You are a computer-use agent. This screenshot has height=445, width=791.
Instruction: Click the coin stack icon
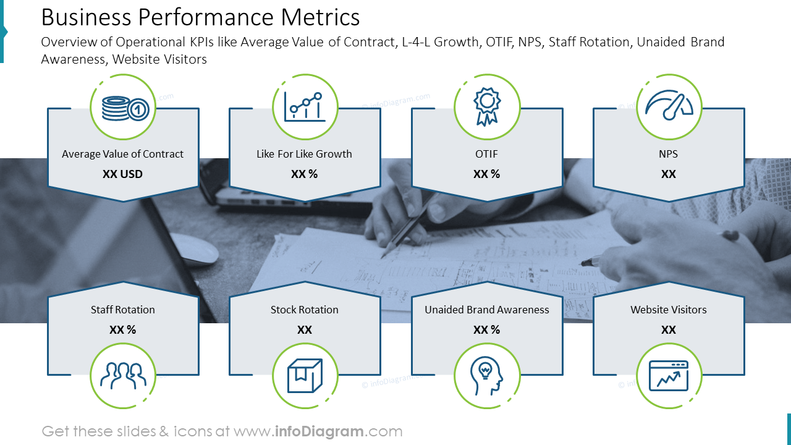(x=123, y=108)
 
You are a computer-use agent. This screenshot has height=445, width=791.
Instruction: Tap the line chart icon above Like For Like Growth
(x=304, y=107)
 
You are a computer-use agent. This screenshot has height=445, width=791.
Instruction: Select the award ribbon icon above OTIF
(x=486, y=107)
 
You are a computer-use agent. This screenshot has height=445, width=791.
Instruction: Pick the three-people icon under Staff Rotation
(x=123, y=376)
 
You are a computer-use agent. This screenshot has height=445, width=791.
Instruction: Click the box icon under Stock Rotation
(x=305, y=376)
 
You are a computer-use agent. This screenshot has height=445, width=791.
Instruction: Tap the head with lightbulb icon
(x=486, y=376)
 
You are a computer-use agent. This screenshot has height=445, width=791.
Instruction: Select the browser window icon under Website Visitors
(x=669, y=376)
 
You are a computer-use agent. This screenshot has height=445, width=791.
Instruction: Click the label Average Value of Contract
(x=122, y=154)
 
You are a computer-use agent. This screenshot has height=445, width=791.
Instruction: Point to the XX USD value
(x=122, y=174)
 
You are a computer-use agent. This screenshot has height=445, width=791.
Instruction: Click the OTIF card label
(x=486, y=154)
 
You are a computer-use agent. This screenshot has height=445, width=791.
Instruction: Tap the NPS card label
(x=669, y=154)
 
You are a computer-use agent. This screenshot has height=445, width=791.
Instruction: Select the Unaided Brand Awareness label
(x=486, y=310)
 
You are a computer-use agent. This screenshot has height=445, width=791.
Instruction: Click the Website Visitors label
(x=669, y=310)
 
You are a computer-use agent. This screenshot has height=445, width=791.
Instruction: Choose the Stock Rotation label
(x=305, y=310)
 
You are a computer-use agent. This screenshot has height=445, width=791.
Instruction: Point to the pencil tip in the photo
(x=384, y=255)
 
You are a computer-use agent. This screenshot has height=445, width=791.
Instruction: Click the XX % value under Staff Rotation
(x=122, y=330)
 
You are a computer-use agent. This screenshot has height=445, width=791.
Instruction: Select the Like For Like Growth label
(x=304, y=154)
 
